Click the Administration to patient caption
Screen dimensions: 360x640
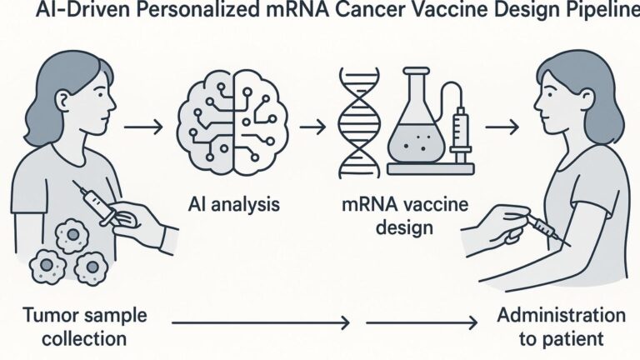click(x=560, y=327)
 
